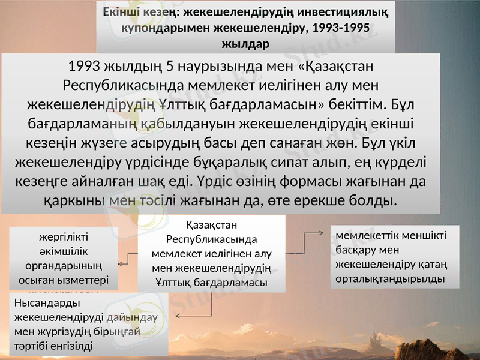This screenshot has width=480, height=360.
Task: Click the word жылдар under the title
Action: click(x=246, y=44)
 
